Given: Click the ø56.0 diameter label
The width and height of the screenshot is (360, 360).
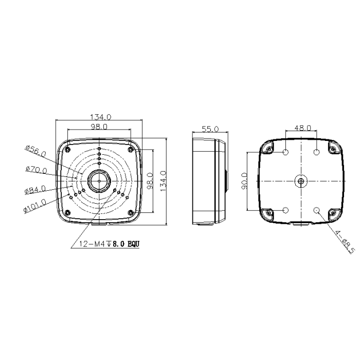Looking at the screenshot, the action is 36,151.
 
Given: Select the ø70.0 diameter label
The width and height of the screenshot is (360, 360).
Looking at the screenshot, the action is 37,170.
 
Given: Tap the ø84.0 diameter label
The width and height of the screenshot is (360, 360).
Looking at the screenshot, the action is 35,190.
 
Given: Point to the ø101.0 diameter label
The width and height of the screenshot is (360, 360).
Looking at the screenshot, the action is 35,206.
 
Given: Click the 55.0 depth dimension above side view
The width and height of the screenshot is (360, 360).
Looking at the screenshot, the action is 210,129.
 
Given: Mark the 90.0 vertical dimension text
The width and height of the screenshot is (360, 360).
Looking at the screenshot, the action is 244,181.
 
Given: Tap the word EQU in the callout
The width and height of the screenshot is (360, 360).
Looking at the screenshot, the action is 133,244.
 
